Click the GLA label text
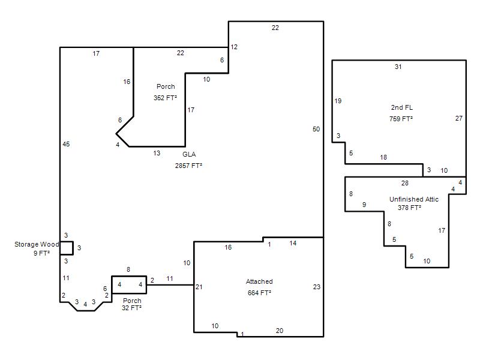189,154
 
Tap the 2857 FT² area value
188,166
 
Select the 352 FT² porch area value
166,98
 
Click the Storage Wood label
37,244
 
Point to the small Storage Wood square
67,248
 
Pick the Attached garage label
259,281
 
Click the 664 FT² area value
259,293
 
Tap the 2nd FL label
401,107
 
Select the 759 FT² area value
401,119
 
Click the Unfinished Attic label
414,199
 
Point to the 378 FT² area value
410,208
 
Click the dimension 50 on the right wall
316,129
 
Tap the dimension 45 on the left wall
66,144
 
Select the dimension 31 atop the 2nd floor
398,67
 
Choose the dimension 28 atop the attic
404,183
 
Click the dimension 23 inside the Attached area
317,287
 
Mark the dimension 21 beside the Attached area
199,287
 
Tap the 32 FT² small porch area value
131,308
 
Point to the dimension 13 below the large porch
157,153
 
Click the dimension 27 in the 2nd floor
459,118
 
